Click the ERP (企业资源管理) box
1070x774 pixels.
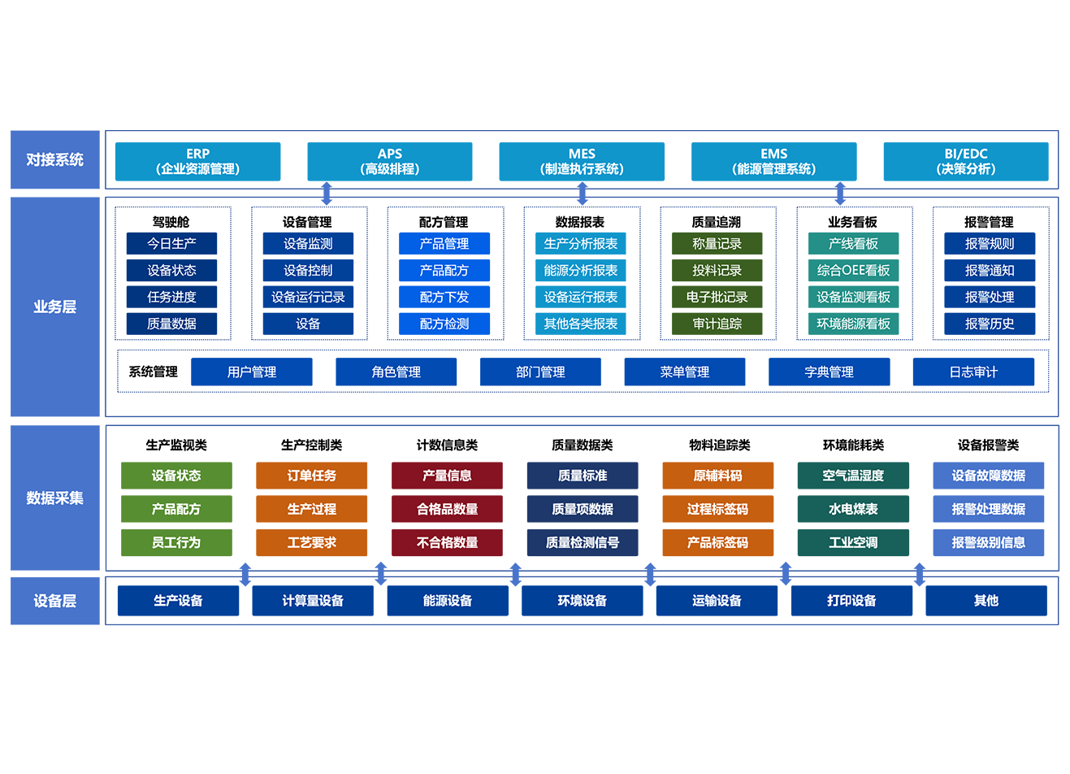click(x=197, y=162)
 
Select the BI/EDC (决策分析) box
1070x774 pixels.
click(x=966, y=162)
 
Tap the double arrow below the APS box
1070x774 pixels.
click(x=327, y=193)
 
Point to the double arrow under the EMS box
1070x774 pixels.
click(x=840, y=193)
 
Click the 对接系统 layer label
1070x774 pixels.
click(x=55, y=159)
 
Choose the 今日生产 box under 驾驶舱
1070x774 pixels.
click(x=171, y=244)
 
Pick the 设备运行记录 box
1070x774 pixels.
click(x=308, y=297)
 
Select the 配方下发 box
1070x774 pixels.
click(x=444, y=297)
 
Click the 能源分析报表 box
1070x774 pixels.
click(x=580, y=271)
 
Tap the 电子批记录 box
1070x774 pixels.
click(x=717, y=297)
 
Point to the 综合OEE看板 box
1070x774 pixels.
click(x=853, y=271)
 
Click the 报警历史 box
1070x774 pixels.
click(x=990, y=324)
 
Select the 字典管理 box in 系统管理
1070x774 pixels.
click(x=830, y=372)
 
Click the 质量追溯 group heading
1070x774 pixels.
click(x=717, y=222)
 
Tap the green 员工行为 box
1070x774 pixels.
click(x=176, y=542)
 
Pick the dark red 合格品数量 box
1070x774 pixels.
click(x=447, y=509)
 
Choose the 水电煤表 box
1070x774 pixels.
click(x=853, y=509)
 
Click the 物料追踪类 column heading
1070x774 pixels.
click(x=719, y=445)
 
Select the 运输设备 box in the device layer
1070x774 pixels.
click(x=717, y=601)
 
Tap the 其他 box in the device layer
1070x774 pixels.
click(x=986, y=601)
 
